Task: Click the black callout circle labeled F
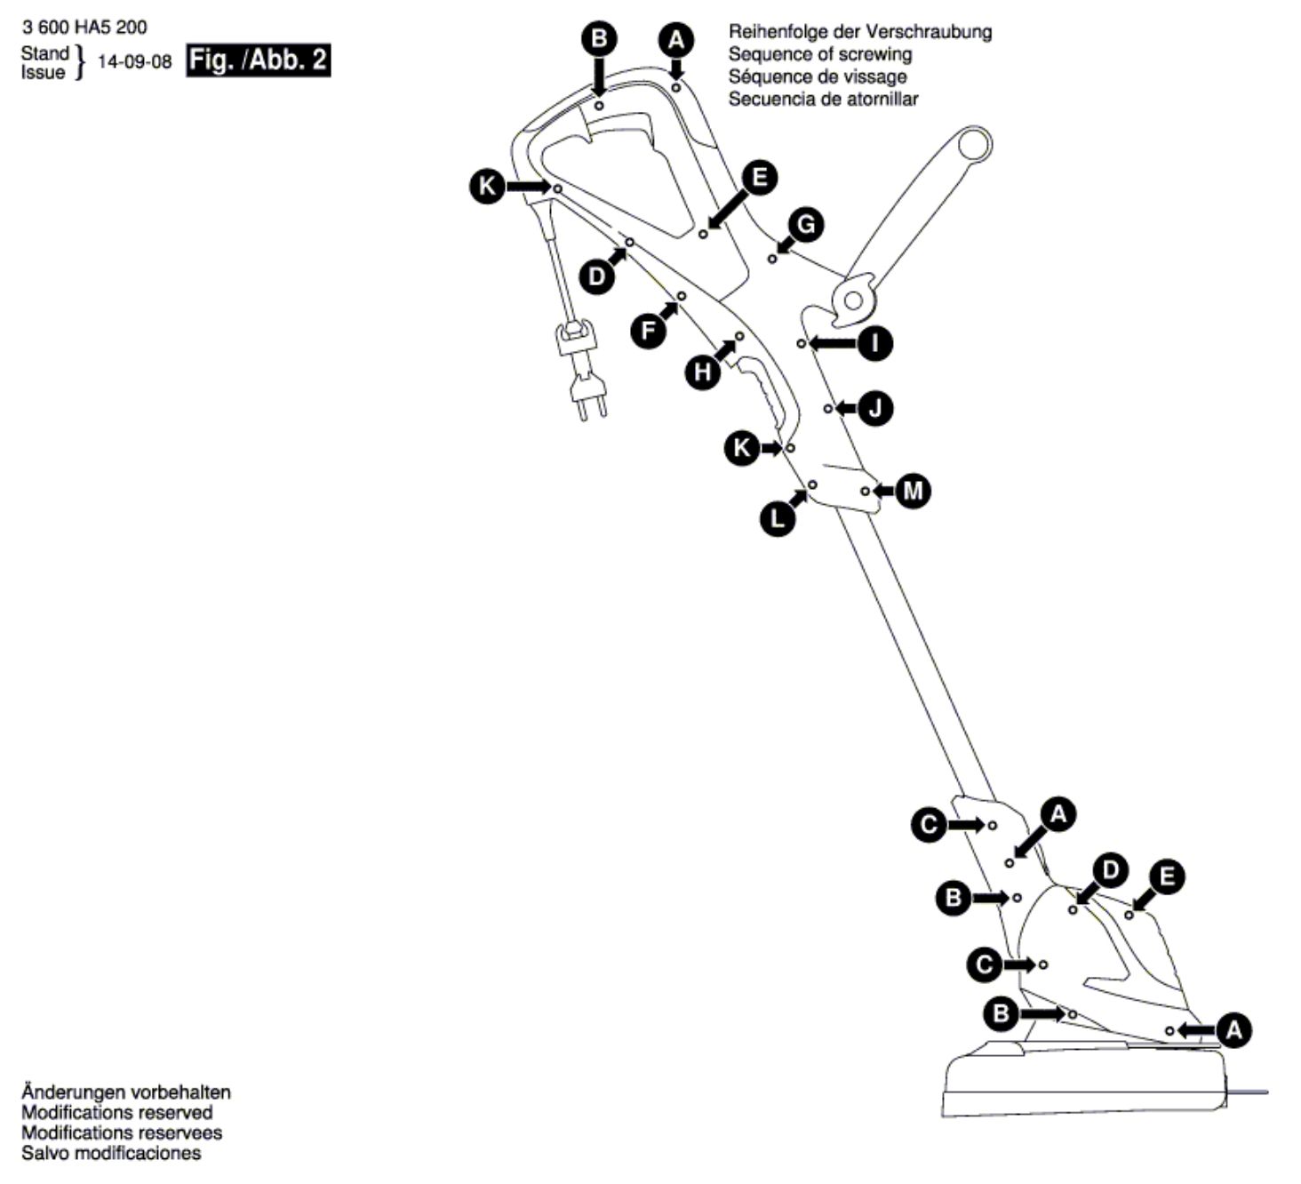pyautogui.click(x=648, y=331)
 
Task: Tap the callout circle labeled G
pyautogui.click(x=806, y=225)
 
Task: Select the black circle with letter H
pyautogui.click(x=703, y=372)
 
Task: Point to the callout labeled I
pyautogui.click(x=875, y=342)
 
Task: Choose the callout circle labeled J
pyautogui.click(x=875, y=409)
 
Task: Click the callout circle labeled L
pyautogui.click(x=778, y=518)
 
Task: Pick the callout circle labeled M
pyautogui.click(x=913, y=492)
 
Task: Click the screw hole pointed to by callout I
pyautogui.click(x=802, y=343)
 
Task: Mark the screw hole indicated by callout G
pyautogui.click(x=771, y=259)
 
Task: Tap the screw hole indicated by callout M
pyautogui.click(x=865, y=492)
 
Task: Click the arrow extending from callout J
pyautogui.click(x=847, y=409)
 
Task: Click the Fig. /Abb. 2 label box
pyautogui.click(x=258, y=60)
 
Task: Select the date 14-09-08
pyautogui.click(x=135, y=61)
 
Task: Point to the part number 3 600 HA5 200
pyautogui.click(x=84, y=28)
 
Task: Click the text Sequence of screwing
pyautogui.click(x=820, y=54)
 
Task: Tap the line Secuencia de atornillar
pyautogui.click(x=823, y=99)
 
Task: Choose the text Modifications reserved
pyautogui.click(x=116, y=1112)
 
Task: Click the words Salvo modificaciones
pyautogui.click(x=111, y=1153)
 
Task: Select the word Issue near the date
pyautogui.click(x=43, y=73)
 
